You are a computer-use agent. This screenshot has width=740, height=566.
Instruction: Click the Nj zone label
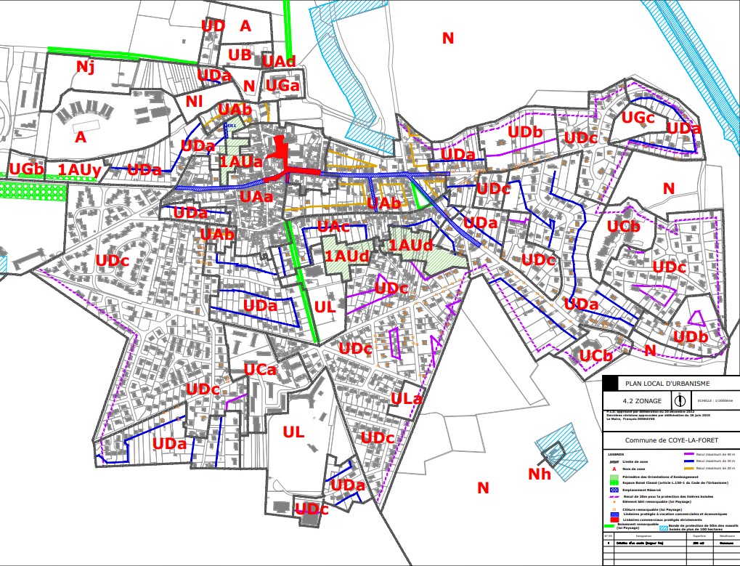point(86,68)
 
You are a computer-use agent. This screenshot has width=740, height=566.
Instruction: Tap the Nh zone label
point(540,474)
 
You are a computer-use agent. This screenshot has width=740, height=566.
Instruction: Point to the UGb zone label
point(27,169)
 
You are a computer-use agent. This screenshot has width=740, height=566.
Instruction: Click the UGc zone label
point(638,117)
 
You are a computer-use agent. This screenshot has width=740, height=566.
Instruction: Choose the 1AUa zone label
point(241,162)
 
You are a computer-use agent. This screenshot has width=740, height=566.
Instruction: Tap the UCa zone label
point(259,370)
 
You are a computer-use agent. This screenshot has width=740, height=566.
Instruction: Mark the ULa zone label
point(407,398)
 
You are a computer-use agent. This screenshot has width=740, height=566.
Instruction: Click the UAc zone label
point(334,227)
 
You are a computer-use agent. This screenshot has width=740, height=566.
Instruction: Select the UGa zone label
point(282,86)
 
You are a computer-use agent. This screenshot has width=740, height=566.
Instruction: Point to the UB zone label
point(239,55)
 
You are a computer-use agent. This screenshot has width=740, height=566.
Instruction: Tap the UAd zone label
point(279,60)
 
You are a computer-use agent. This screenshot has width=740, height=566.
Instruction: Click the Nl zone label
point(194,101)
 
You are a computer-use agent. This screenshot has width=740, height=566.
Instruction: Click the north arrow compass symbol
point(680,400)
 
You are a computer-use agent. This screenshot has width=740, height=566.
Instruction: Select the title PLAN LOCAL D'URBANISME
point(667,383)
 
